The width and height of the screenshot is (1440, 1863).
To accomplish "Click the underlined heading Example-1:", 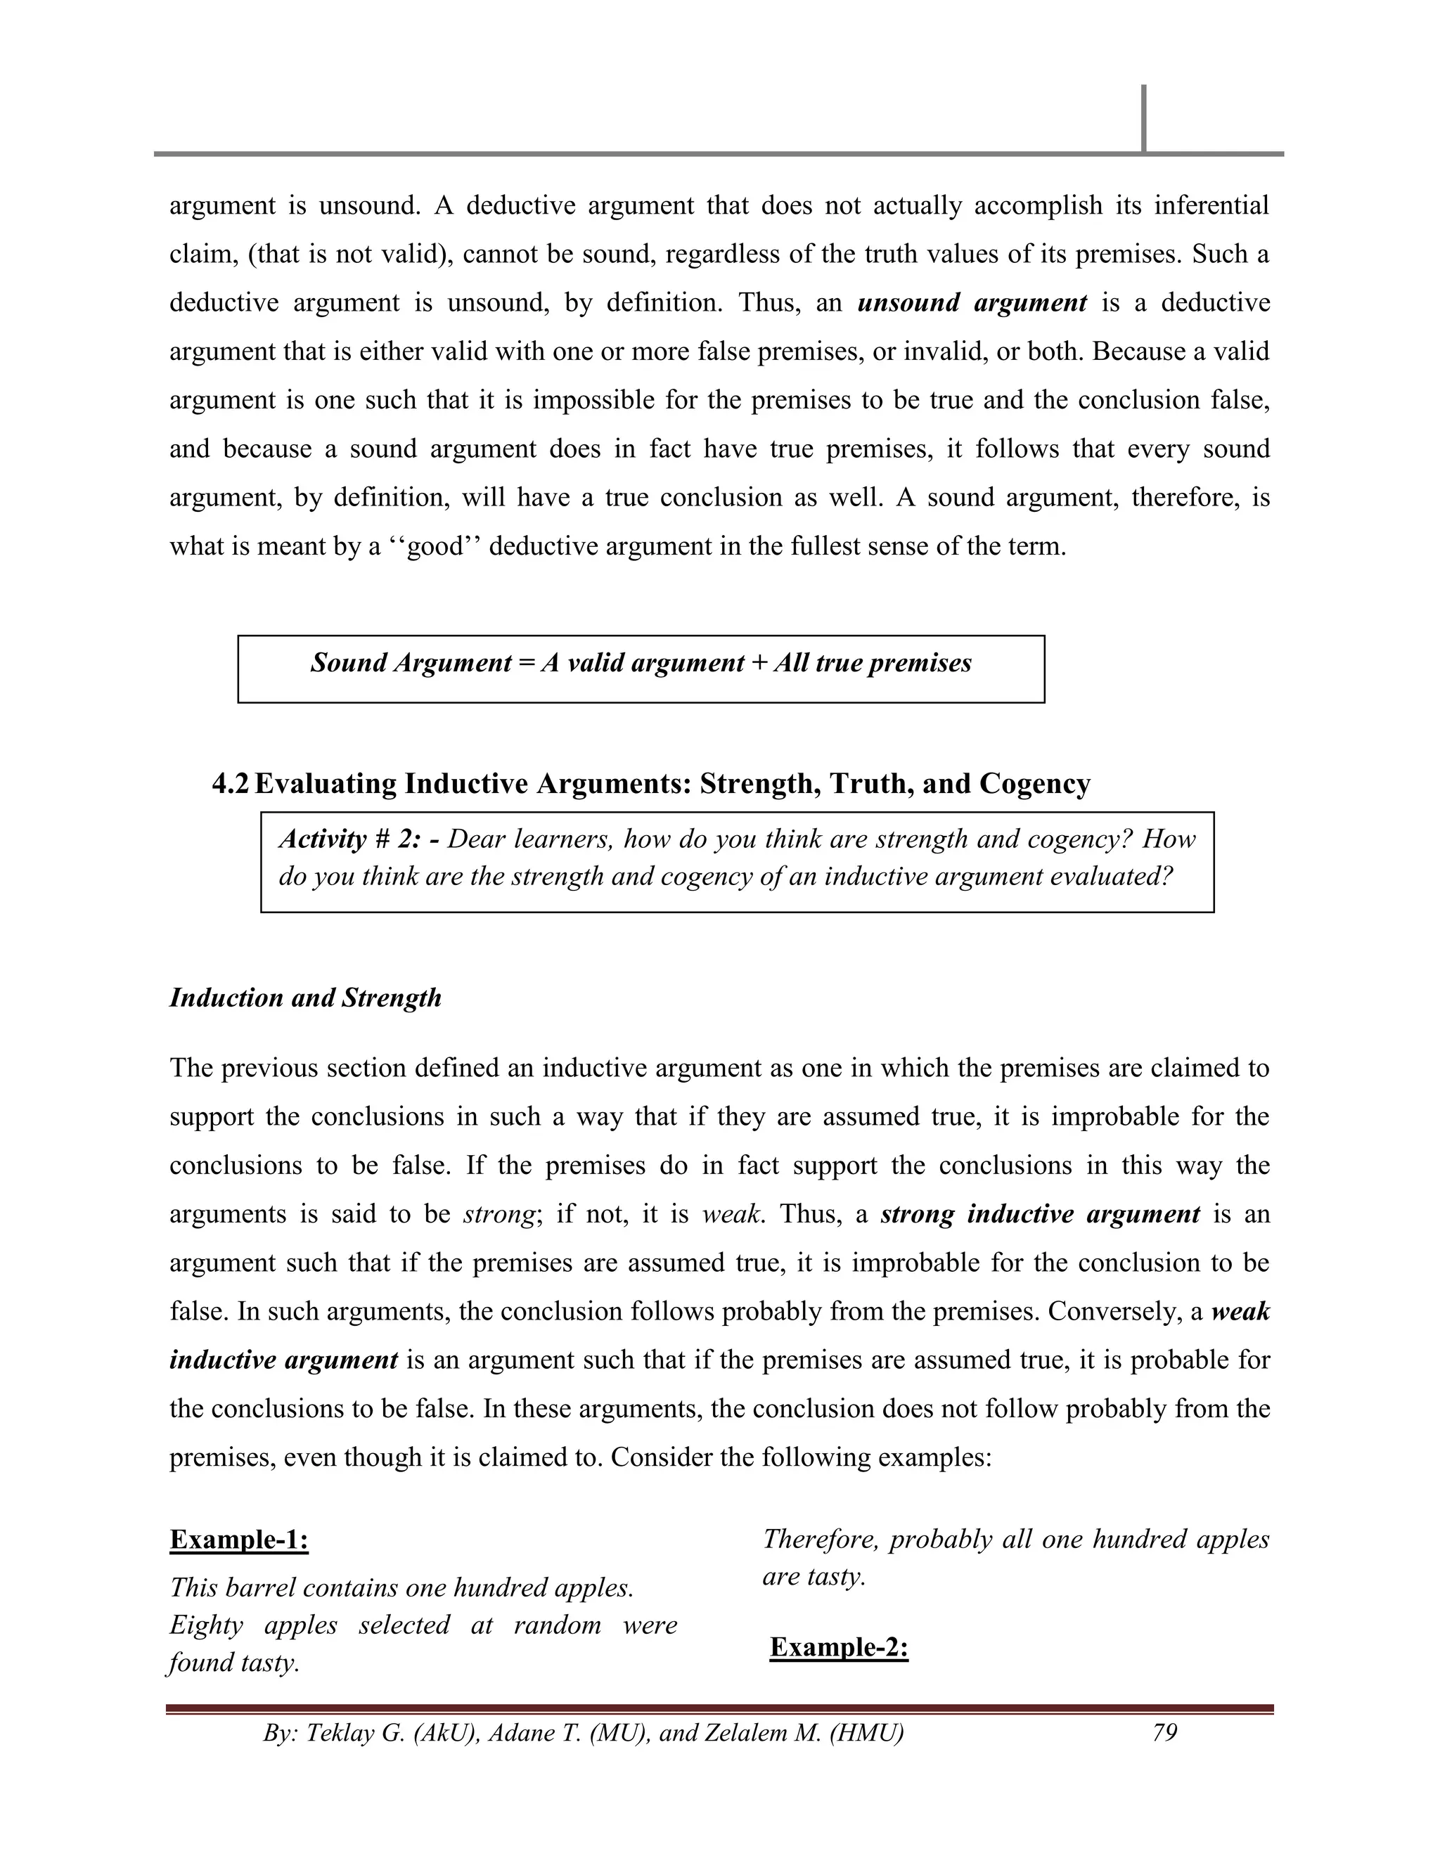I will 239,1540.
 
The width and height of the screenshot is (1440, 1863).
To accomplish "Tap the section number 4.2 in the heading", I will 231,783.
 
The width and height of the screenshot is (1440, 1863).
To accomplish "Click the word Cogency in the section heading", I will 1035,783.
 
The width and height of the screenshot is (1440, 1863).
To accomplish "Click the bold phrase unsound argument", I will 972,303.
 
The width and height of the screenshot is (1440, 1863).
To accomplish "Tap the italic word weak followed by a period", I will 729,1214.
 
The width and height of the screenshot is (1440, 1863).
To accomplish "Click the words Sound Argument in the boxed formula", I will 411,663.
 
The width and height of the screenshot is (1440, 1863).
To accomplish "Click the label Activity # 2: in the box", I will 359,839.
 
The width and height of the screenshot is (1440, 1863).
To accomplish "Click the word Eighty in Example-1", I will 205,1625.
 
